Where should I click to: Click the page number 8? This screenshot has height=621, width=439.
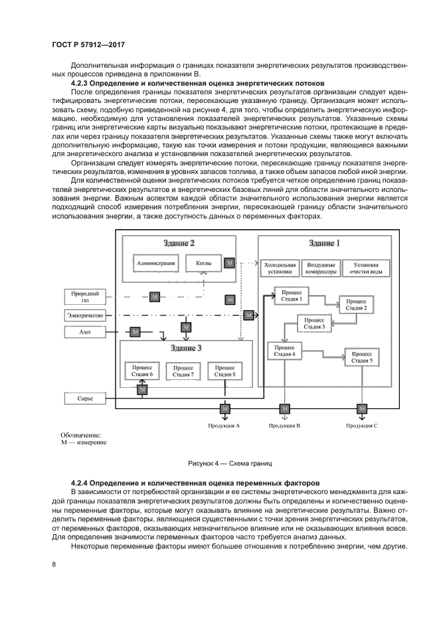point(54,565)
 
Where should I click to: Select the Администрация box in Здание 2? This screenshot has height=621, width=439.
point(155,264)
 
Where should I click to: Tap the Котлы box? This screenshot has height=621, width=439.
point(204,264)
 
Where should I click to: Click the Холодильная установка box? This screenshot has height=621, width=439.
point(279,268)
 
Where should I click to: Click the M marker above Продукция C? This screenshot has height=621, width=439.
point(362,408)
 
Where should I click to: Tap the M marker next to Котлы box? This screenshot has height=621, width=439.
point(230,264)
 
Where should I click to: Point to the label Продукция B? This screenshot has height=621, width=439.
point(285,424)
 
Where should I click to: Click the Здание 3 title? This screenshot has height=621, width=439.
point(186,347)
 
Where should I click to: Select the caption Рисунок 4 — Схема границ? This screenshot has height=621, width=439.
point(230,462)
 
